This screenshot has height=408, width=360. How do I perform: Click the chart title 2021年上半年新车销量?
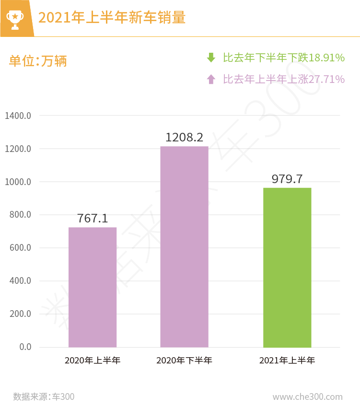pyautogui.click(x=112, y=18)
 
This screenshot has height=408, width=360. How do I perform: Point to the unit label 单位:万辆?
pyautogui.click(x=38, y=61)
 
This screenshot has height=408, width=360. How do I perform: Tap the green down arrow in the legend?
pyautogui.click(x=211, y=58)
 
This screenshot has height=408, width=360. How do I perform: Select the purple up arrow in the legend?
pyautogui.click(x=211, y=79)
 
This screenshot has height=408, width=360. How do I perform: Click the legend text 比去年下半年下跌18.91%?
pyautogui.click(x=284, y=58)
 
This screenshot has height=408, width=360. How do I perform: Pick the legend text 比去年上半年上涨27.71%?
pyautogui.click(x=284, y=79)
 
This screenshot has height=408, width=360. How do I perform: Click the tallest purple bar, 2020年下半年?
pyautogui.click(x=184, y=246)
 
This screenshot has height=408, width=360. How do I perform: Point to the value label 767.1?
pyautogui.click(x=93, y=219)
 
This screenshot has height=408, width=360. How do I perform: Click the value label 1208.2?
pyautogui.click(x=184, y=138)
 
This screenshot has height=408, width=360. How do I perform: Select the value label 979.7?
pyautogui.click(x=287, y=179)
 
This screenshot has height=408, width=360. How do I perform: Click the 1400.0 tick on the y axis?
pyautogui.click(x=18, y=116)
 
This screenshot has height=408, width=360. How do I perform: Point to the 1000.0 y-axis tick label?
pyautogui.click(x=18, y=182)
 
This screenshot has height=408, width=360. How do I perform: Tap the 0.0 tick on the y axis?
pyautogui.click(x=25, y=347)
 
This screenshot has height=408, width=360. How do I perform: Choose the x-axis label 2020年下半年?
pyautogui.click(x=184, y=361)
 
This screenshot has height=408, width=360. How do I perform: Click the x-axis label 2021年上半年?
pyautogui.click(x=287, y=361)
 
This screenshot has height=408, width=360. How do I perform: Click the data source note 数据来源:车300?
pyautogui.click(x=44, y=396)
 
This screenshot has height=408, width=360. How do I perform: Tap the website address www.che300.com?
pyautogui.click(x=307, y=396)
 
